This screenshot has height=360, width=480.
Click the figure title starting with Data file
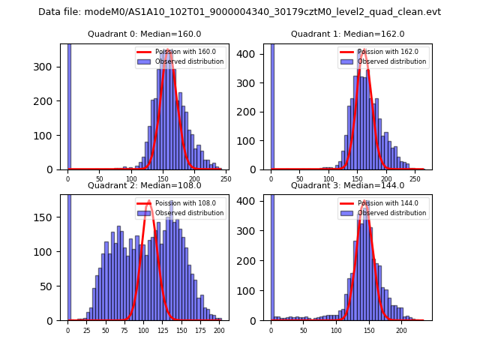[x=239, y=12]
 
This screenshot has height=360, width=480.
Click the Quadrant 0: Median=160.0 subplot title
[x=144, y=34]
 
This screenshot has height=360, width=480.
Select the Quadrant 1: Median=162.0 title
[x=347, y=34]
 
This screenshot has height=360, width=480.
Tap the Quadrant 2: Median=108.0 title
[x=144, y=185]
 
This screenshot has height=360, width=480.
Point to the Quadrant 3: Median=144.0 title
[x=347, y=185]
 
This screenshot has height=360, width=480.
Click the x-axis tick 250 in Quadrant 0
[x=225, y=179]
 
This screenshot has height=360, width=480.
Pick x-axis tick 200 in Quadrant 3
[x=401, y=330]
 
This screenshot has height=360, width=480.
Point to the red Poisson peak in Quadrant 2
[x=149, y=202]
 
